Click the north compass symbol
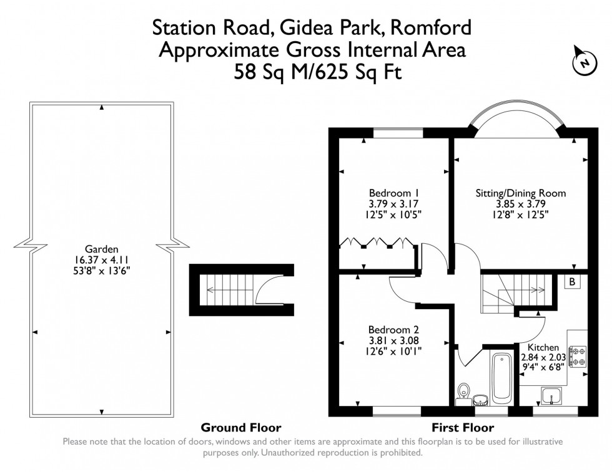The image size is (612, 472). point(583,62)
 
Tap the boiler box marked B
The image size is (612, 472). point(571,282)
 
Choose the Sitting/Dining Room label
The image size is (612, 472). point(521,193)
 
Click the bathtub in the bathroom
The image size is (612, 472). point(501,378)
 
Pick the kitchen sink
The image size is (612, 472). point(550,395)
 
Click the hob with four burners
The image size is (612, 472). point(578,355)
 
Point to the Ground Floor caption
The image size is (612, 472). point(240,428)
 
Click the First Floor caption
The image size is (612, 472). point(463,428)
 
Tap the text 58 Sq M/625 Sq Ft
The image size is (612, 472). point(318,72)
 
